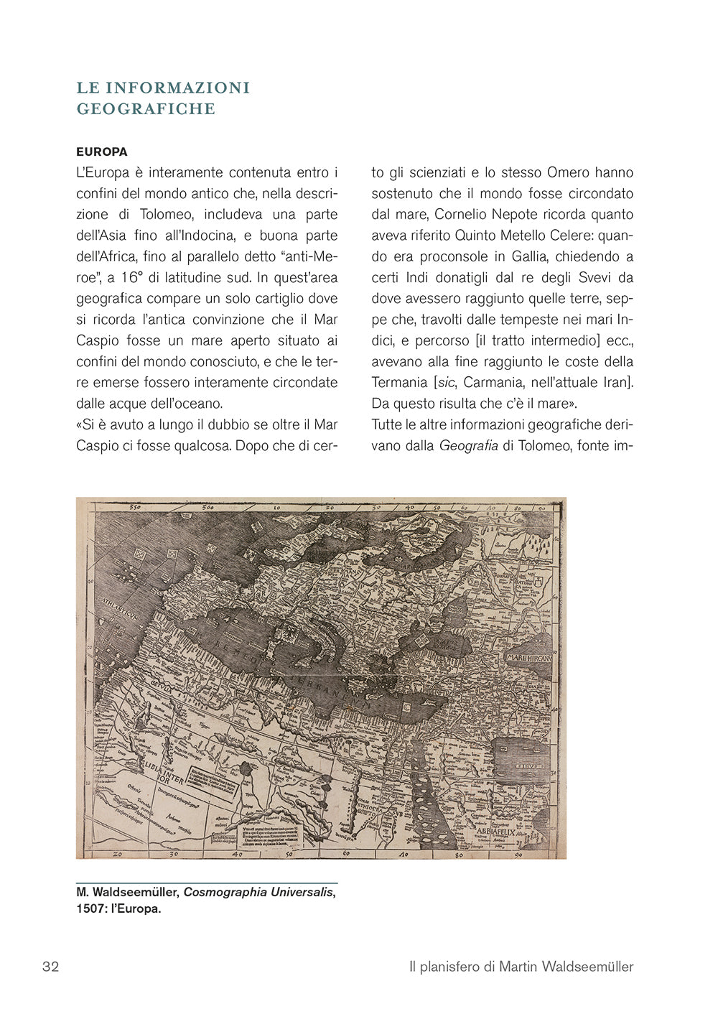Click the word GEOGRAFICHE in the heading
[146, 109]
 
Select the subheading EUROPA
[102, 152]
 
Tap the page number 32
[50, 967]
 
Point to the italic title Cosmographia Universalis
[258, 892]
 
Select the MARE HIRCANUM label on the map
[529, 658]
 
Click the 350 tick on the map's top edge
[131, 507]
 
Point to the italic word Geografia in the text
[468, 446]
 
